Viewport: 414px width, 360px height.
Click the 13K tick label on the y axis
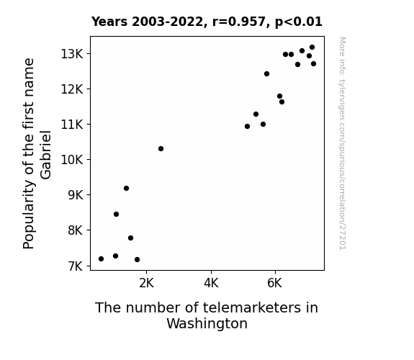point(72,54)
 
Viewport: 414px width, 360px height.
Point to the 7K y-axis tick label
point(76,266)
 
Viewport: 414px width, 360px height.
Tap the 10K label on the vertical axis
point(72,160)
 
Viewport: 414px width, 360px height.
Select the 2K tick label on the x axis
point(146,283)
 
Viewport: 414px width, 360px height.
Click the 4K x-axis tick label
point(211,283)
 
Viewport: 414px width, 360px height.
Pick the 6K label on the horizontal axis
point(274,283)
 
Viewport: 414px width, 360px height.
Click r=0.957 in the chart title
point(239,22)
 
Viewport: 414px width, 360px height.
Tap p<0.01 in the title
point(299,22)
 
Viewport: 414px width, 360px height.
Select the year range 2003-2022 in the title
point(167,22)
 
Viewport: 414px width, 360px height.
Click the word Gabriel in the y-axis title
point(45,155)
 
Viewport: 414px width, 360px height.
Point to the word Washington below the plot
point(207,324)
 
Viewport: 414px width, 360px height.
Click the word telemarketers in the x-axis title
point(251,307)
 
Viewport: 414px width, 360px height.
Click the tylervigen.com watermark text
point(342,143)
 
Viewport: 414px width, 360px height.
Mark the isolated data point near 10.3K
point(161,149)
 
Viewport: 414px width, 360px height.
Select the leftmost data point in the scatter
point(101,259)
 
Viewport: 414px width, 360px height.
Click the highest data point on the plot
point(312,48)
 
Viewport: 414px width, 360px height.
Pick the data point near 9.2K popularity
point(126,189)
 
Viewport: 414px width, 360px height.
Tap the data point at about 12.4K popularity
point(266,73)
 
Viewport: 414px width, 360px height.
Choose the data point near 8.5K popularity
point(116,215)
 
